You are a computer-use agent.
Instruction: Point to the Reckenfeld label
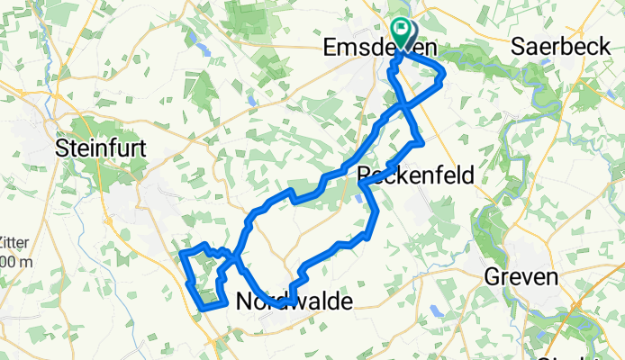point(416,174)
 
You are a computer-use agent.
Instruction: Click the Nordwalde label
point(294,302)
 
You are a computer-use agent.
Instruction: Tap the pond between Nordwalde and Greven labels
point(436,310)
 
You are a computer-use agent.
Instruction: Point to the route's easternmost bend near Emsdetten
point(443,76)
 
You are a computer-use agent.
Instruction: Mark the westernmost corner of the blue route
point(183,254)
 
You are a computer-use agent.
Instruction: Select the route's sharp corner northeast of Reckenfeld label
point(421,144)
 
